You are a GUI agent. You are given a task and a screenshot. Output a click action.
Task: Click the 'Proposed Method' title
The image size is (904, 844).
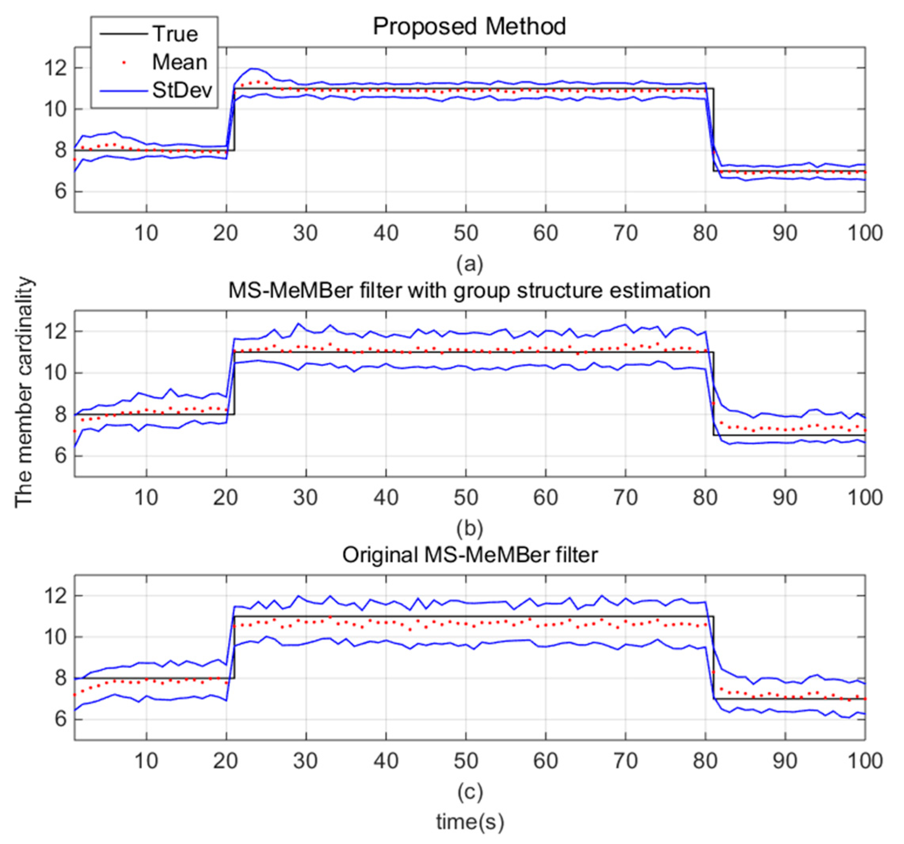tap(469, 27)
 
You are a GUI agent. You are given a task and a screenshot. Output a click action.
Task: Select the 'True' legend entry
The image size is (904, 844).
tap(175, 34)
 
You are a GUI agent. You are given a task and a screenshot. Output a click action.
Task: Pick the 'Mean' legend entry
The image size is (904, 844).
tap(179, 62)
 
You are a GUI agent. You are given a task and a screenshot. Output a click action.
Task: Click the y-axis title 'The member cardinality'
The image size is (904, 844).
tap(24, 392)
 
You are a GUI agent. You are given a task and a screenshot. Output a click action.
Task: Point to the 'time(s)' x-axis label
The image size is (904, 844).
tap(470, 821)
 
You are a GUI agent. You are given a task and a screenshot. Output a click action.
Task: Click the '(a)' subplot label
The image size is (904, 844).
tap(470, 263)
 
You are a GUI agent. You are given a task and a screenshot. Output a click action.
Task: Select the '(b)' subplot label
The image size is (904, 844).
tap(470, 528)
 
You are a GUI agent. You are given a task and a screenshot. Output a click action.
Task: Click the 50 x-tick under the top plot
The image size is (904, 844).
tap(466, 233)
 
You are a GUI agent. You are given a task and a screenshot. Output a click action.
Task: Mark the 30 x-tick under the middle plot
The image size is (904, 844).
tap(306, 498)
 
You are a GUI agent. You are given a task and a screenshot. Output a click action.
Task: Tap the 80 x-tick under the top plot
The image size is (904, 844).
tap(705, 233)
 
